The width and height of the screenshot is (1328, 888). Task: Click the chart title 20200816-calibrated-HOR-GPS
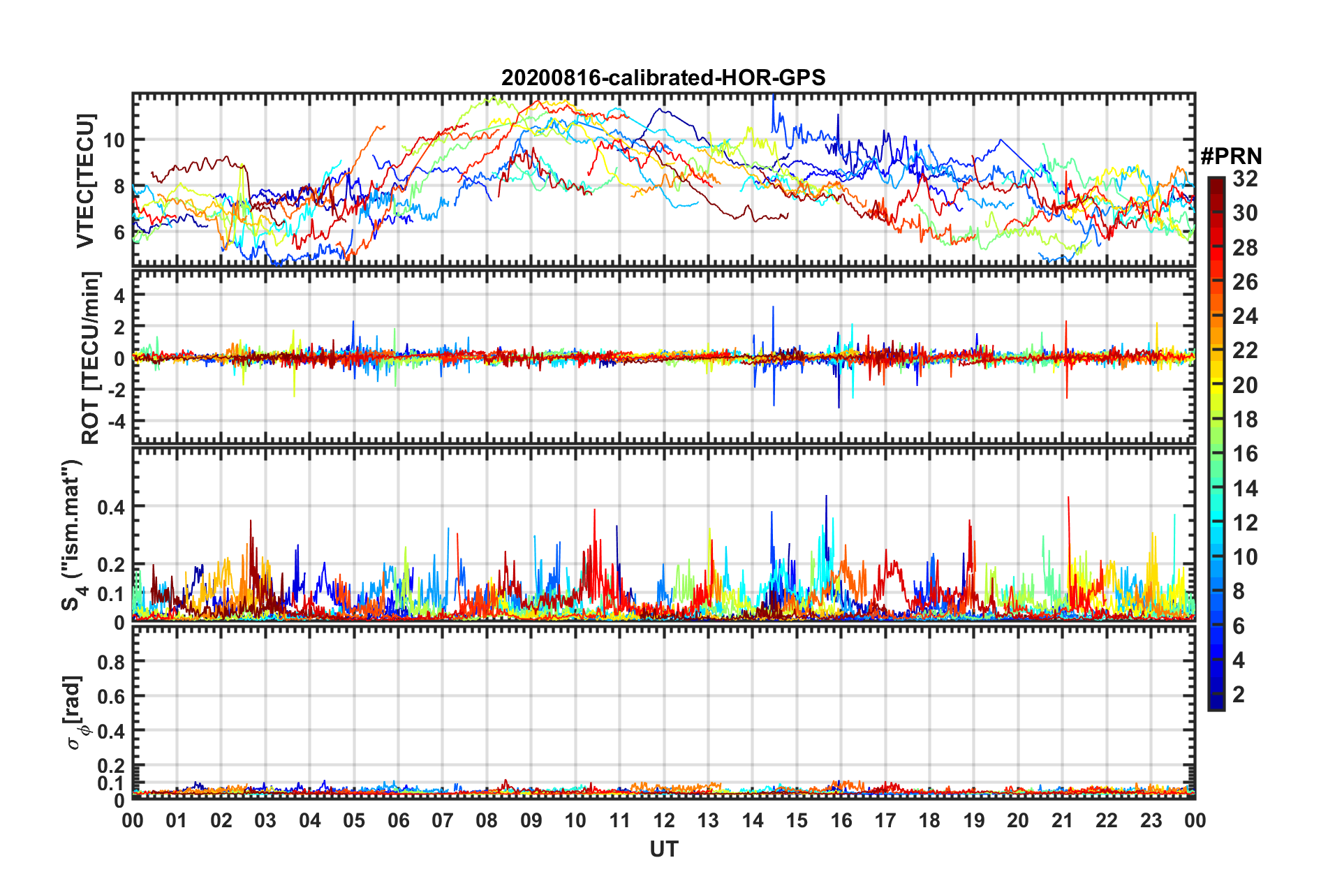coord(663,77)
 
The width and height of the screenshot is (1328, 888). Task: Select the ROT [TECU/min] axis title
coord(91,358)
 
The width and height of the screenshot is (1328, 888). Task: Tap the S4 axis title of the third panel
coord(73,535)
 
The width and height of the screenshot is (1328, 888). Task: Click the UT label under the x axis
coord(663,849)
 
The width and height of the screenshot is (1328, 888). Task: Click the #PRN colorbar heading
coord(1231,156)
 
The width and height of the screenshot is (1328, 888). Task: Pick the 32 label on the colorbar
coord(1245,179)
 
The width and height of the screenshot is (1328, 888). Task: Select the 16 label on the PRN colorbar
coord(1245,454)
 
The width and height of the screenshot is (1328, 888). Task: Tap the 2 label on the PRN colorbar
coord(1239,694)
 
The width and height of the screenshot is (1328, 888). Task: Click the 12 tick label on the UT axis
coord(664,820)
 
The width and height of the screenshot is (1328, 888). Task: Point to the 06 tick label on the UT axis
coord(398,820)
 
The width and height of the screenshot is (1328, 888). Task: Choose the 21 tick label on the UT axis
coord(1062,820)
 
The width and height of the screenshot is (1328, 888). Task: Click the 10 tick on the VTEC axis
coord(114,140)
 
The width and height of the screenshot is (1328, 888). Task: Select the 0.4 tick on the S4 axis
coord(111,507)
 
